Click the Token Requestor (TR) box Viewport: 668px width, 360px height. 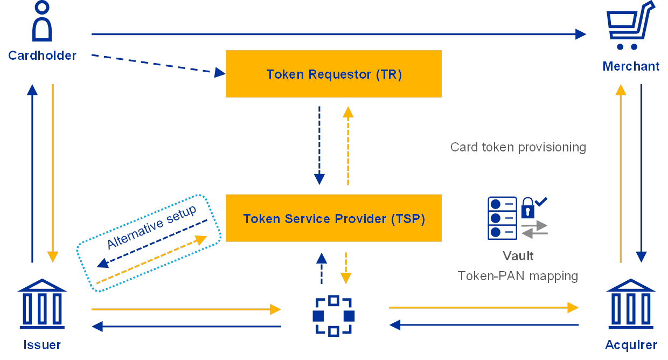click(x=333, y=74)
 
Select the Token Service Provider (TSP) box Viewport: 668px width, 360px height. click(x=333, y=218)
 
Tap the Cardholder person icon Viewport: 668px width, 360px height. click(x=42, y=22)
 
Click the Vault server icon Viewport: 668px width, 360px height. click(x=502, y=218)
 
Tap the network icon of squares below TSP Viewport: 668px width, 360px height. click(x=333, y=316)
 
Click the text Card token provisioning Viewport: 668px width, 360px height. click(x=518, y=147)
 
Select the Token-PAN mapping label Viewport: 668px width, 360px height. click(x=518, y=276)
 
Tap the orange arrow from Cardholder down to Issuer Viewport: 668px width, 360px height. click(x=53, y=172)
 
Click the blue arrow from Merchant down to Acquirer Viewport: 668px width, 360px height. click(x=641, y=172)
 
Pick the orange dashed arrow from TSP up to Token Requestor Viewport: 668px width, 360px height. click(x=348, y=146)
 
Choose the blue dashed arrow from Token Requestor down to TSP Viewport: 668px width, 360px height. click(x=319, y=146)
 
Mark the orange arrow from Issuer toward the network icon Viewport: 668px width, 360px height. click(x=186, y=309)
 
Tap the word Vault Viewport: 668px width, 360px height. click(x=518, y=256)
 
